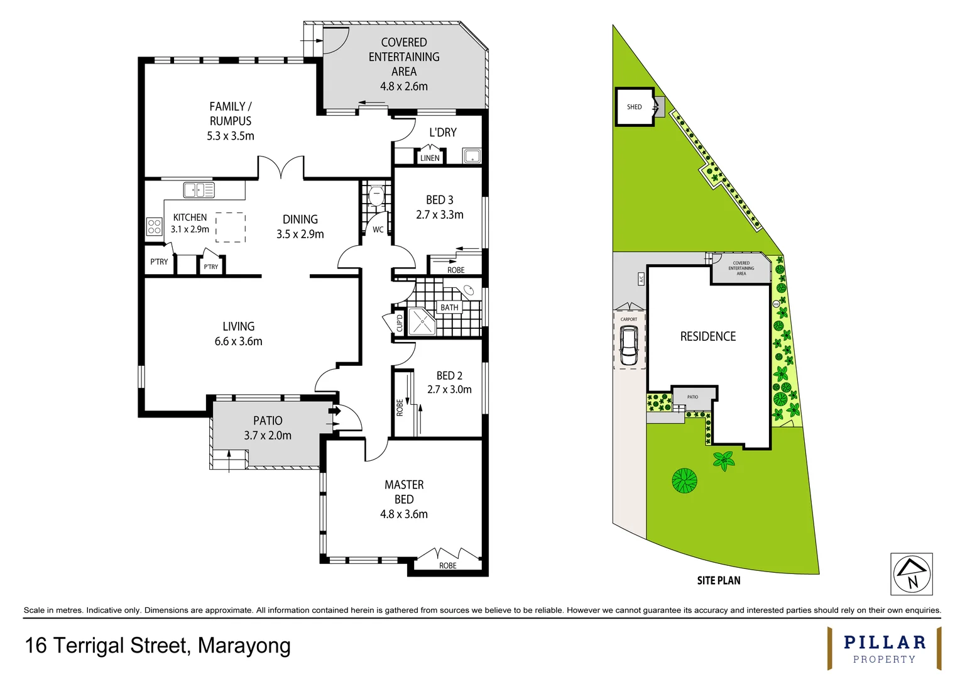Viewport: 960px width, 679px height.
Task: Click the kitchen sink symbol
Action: [199, 189]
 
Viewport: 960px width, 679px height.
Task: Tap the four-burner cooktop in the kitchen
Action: [154, 226]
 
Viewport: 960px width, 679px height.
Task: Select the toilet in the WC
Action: [376, 195]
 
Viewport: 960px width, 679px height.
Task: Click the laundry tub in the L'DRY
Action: [471, 155]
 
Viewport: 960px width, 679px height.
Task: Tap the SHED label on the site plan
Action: [634, 107]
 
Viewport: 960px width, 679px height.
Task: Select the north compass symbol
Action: [911, 573]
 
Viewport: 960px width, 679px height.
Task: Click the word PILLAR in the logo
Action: [884, 643]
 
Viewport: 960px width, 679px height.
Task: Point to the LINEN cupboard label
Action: [430, 158]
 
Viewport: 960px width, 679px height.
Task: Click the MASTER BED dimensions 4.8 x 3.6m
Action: [403, 514]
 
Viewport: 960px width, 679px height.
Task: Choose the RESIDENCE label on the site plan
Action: [707, 336]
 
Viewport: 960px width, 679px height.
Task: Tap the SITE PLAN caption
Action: [718, 580]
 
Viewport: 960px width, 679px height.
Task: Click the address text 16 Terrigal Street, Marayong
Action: [158, 646]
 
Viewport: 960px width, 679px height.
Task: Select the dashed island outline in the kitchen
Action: [231, 227]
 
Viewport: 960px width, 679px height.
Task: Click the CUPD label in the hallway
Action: [399, 323]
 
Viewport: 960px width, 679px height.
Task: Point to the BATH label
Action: [449, 307]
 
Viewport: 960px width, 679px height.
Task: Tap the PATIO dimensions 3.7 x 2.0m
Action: [268, 436]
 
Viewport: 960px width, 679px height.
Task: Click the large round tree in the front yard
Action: [684, 481]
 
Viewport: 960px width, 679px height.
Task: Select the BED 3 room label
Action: [439, 200]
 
